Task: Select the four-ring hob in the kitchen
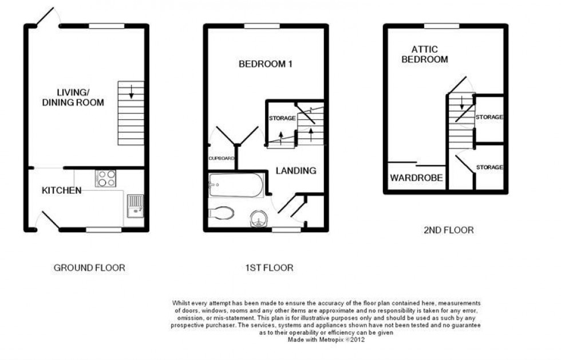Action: pos(106,178)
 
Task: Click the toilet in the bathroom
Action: pos(222,213)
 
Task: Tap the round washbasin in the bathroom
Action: pos(259,218)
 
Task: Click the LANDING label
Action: pos(296,170)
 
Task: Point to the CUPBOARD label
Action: pos(222,158)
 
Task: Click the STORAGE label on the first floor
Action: pos(282,119)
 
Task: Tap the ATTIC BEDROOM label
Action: pos(424,54)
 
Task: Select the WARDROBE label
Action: pos(416,178)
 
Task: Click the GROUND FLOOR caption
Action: pos(89,268)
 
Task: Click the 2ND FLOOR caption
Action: pos(448,230)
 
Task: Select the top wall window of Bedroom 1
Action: pos(266,26)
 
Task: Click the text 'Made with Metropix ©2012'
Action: pos(326,339)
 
